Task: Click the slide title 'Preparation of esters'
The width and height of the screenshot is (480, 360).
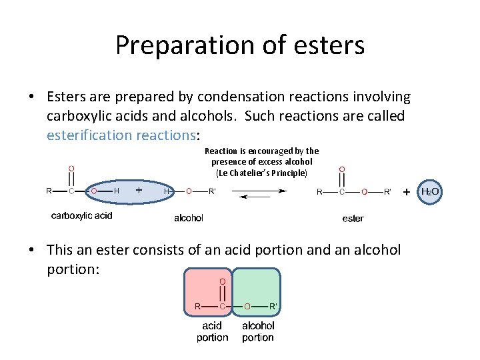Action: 239,45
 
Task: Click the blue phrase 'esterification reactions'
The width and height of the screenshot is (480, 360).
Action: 120,135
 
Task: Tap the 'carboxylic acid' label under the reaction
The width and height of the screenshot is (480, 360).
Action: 82,215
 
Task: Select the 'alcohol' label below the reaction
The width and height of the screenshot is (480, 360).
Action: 189,218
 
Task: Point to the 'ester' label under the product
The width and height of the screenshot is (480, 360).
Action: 353,219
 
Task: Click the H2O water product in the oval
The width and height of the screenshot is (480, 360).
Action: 430,192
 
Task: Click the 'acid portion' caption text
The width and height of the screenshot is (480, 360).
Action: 212,331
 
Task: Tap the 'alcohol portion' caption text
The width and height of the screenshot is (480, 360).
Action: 258,331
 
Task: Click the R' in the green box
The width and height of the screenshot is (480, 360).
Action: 273,307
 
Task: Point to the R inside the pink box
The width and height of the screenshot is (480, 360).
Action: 197,307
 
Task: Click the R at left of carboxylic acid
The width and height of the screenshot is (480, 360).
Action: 49,191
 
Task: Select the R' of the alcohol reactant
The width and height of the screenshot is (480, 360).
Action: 212,191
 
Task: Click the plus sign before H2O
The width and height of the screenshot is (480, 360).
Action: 407,191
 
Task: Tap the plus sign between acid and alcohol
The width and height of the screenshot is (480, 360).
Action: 139,190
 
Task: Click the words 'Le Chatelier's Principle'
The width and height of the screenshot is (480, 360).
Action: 262,173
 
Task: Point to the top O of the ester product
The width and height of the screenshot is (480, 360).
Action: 342,169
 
